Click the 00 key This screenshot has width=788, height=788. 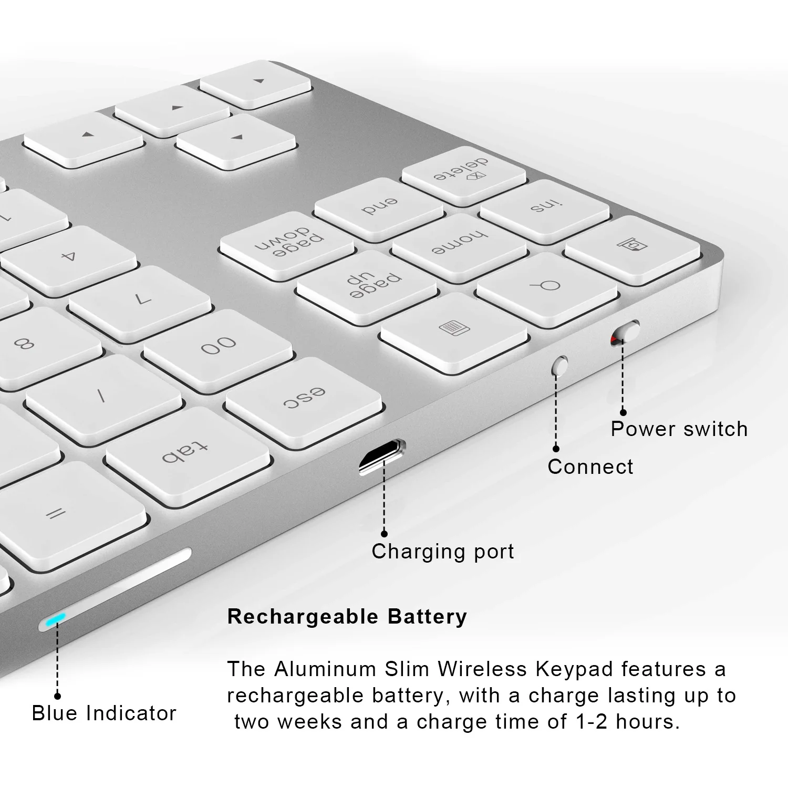pos(217,346)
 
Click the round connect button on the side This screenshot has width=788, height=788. pos(561,365)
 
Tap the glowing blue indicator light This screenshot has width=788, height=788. pos(55,620)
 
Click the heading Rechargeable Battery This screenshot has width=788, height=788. pos(347,616)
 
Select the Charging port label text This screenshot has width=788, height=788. pos(442,552)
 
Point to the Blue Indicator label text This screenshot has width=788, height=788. pos(104,713)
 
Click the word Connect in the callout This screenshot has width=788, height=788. pos(590,466)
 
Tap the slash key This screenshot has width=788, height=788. pos(103,397)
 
